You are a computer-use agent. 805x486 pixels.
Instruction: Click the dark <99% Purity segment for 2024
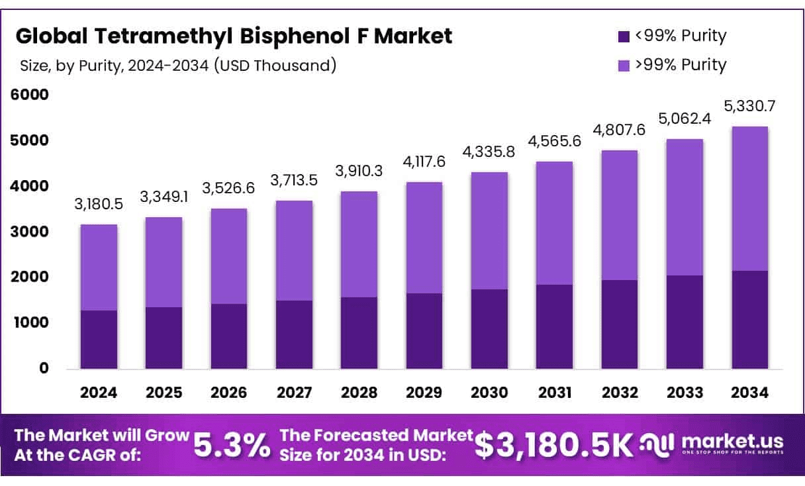pyautogui.click(x=99, y=339)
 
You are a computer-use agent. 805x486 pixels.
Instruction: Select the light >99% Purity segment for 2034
pyautogui.click(x=750, y=199)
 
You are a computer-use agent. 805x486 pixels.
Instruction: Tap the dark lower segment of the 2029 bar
pyautogui.click(x=424, y=330)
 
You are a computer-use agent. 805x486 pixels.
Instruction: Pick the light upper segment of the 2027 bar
pyautogui.click(x=294, y=250)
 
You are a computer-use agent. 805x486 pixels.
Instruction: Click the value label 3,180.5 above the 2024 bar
pyautogui.click(x=99, y=204)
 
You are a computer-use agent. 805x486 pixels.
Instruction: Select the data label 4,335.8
pyautogui.click(x=489, y=152)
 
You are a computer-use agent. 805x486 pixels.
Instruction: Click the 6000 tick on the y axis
pyautogui.click(x=30, y=95)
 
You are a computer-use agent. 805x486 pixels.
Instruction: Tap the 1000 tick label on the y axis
pyautogui.click(x=30, y=323)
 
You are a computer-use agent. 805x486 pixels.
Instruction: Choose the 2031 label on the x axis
pyautogui.click(x=555, y=393)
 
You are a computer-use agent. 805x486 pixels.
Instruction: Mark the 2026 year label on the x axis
pyautogui.click(x=228, y=393)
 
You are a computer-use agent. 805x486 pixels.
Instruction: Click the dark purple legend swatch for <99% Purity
pyautogui.click(x=622, y=36)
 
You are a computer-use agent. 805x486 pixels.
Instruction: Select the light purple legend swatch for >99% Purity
pyautogui.click(x=622, y=65)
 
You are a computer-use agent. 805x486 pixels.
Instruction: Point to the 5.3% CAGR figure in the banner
pyautogui.click(x=231, y=446)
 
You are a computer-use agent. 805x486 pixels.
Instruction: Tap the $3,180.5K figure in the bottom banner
pyautogui.click(x=555, y=446)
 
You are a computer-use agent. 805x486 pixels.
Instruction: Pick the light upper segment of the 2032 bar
pyautogui.click(x=620, y=215)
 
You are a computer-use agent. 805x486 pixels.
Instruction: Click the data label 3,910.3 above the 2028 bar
pyautogui.click(x=359, y=171)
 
